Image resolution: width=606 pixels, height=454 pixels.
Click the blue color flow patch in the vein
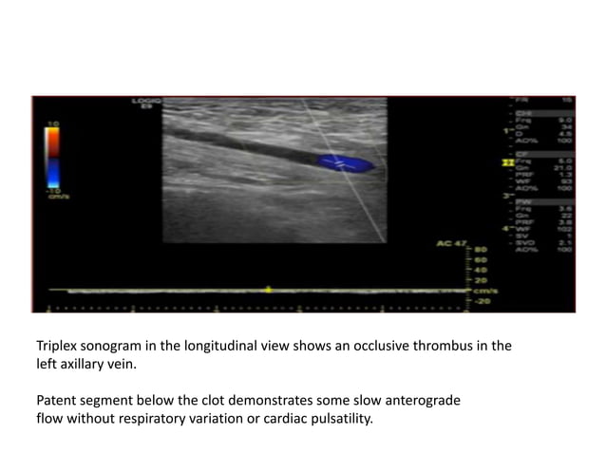click(x=346, y=162)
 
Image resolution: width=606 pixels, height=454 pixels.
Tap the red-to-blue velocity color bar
click(x=52, y=156)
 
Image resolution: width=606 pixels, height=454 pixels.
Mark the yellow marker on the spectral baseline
click(x=269, y=289)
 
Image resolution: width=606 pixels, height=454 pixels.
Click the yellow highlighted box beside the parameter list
click(x=508, y=163)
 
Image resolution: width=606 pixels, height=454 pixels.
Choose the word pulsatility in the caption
click(x=338, y=417)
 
